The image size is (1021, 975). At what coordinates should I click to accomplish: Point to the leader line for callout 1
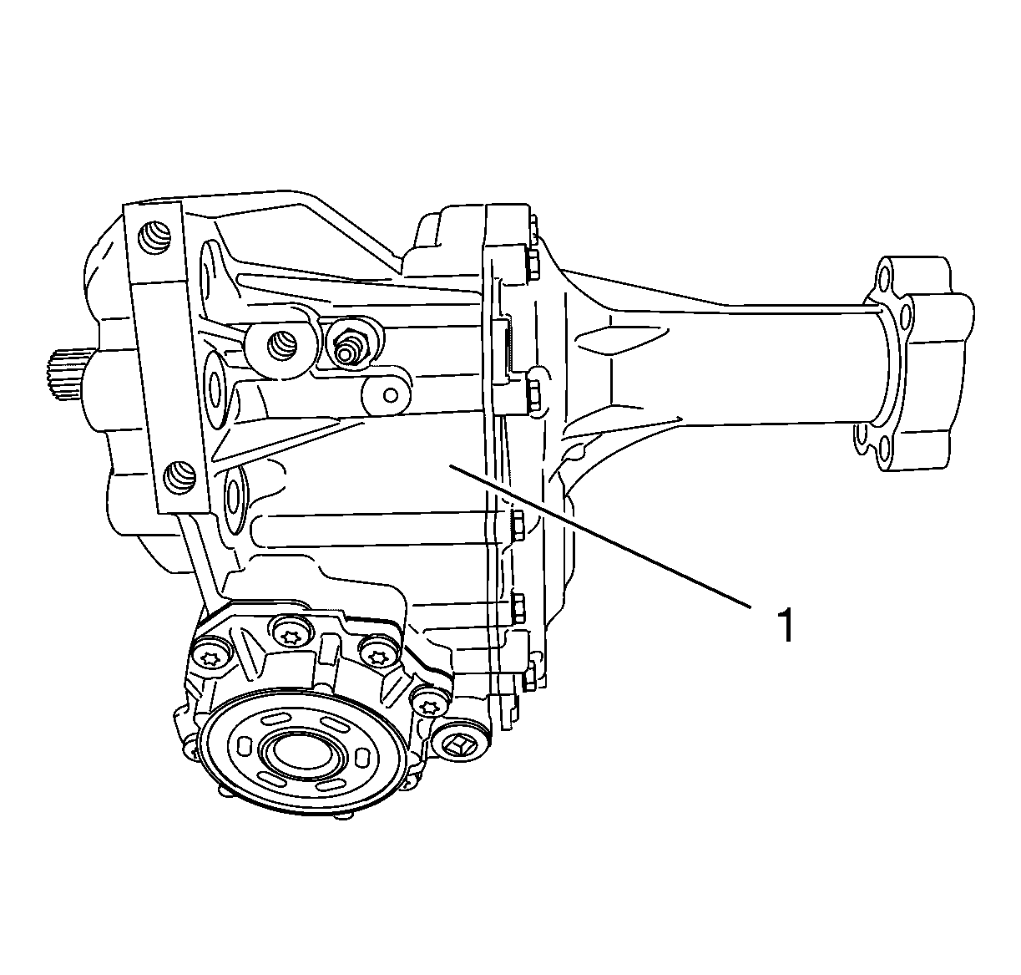599,536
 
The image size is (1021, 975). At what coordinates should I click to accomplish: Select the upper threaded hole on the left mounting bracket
154,237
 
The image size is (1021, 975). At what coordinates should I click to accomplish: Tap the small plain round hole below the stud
391,395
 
